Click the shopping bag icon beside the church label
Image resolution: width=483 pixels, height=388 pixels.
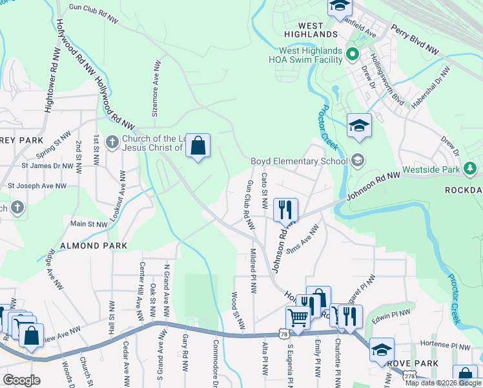tap(198, 146)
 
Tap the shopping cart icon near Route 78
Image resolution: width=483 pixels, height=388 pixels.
tap(298, 318)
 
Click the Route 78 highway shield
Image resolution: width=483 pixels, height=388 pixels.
tap(284, 333)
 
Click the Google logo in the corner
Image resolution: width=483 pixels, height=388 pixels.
tap(21, 380)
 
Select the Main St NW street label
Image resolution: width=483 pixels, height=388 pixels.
tap(88, 224)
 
